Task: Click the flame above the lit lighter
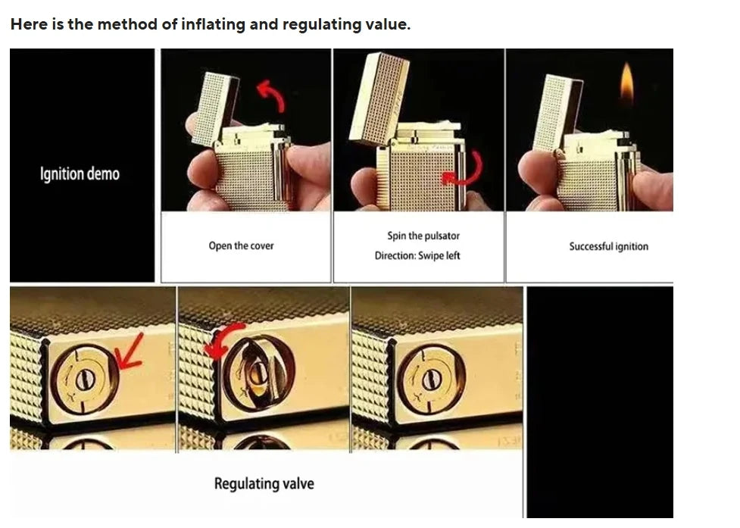626,84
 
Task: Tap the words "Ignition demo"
80,173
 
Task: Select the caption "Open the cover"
241,245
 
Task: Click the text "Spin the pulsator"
423,236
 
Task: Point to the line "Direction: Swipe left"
417,255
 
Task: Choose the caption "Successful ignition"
608,246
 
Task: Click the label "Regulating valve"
264,483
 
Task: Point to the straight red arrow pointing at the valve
130,351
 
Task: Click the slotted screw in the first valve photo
86,379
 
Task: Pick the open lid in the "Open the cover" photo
215,110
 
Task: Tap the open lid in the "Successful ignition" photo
557,113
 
